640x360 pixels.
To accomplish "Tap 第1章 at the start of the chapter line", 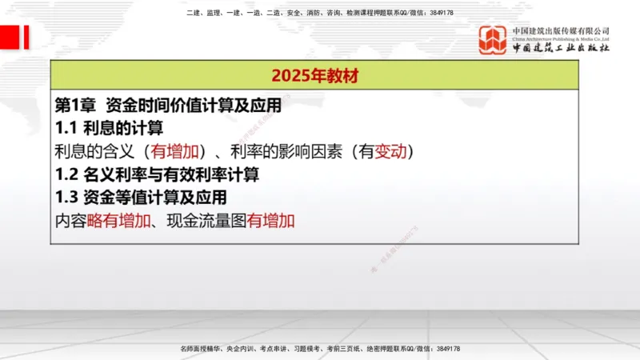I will coord(75,105).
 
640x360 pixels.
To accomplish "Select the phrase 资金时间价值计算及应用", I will coord(193,105).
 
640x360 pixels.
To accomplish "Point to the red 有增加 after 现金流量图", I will coord(271,220).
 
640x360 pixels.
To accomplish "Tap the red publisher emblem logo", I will coord(493,40).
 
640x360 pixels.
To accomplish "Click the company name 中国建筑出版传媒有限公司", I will coord(561,30).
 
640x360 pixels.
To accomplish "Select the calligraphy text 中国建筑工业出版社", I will coord(561,49).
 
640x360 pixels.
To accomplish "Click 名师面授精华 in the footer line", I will coord(199,350).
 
